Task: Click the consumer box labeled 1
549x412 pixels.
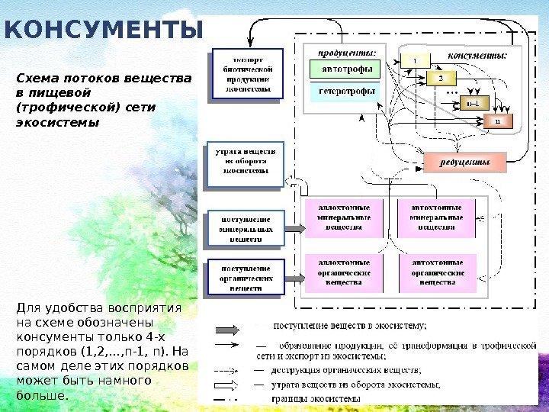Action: [415, 59]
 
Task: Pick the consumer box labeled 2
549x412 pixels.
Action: [440, 78]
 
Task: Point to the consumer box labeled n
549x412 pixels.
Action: [498, 121]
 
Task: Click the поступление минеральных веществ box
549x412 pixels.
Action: [246, 228]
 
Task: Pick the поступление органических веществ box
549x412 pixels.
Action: [246, 278]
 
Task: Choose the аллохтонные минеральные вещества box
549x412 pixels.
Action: [348, 217]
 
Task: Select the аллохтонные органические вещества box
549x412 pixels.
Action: [348, 272]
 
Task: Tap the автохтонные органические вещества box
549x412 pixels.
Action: [438, 272]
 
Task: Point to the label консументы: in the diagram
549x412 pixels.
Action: [477, 55]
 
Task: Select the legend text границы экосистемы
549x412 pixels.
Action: [316, 398]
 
